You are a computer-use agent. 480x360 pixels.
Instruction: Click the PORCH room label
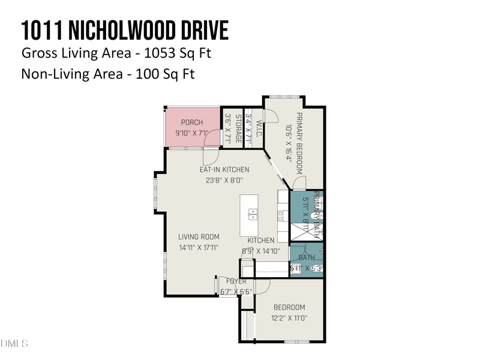pyautogui.click(x=192, y=122)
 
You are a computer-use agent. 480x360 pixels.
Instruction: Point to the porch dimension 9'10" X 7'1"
pyautogui.click(x=191, y=133)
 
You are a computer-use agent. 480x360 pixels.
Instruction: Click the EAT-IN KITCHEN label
pyautogui.click(x=224, y=170)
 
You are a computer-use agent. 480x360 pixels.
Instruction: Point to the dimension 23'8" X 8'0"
pyautogui.click(x=224, y=179)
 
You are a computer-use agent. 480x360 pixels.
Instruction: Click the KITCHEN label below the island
pyautogui.click(x=261, y=240)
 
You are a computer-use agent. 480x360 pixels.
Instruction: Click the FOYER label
pyautogui.click(x=236, y=281)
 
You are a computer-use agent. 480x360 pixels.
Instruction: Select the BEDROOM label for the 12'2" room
pyautogui.click(x=289, y=308)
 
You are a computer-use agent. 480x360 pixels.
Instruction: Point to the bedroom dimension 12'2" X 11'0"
pyautogui.click(x=289, y=319)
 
